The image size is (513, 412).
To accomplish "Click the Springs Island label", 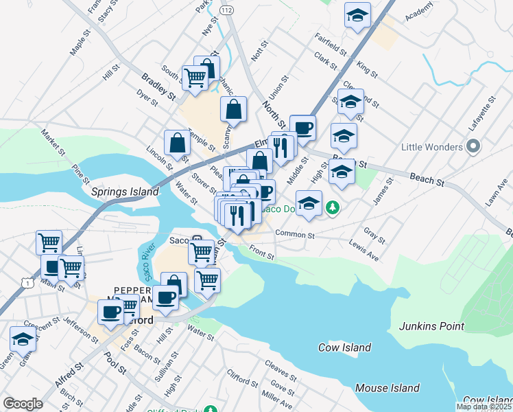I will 125,192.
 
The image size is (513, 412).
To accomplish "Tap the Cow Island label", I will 344,347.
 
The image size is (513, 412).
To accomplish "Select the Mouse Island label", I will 387,388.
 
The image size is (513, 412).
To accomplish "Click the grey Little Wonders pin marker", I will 472,147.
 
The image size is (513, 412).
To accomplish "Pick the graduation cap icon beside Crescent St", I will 23,339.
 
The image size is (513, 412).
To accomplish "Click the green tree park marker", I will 333,206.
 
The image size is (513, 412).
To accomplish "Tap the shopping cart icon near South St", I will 195,77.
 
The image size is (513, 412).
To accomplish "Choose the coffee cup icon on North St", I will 302,127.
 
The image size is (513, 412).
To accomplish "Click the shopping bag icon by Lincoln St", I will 177,143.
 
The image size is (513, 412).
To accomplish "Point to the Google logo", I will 23,404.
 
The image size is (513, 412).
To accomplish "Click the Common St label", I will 294,234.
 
